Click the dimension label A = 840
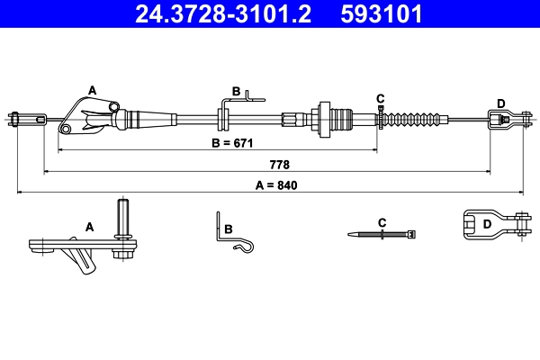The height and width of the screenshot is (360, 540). tap(275, 185)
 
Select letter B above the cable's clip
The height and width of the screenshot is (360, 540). tap(236, 91)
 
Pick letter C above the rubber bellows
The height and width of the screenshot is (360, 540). tap(381, 97)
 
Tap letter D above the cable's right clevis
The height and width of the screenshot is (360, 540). tap(500, 103)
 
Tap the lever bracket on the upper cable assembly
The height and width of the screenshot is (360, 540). tap(90, 117)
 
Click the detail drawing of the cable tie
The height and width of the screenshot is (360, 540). tap(382, 234)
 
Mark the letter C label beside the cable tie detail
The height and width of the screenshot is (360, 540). tap(382, 221)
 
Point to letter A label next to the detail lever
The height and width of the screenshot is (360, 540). tap(89, 228)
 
